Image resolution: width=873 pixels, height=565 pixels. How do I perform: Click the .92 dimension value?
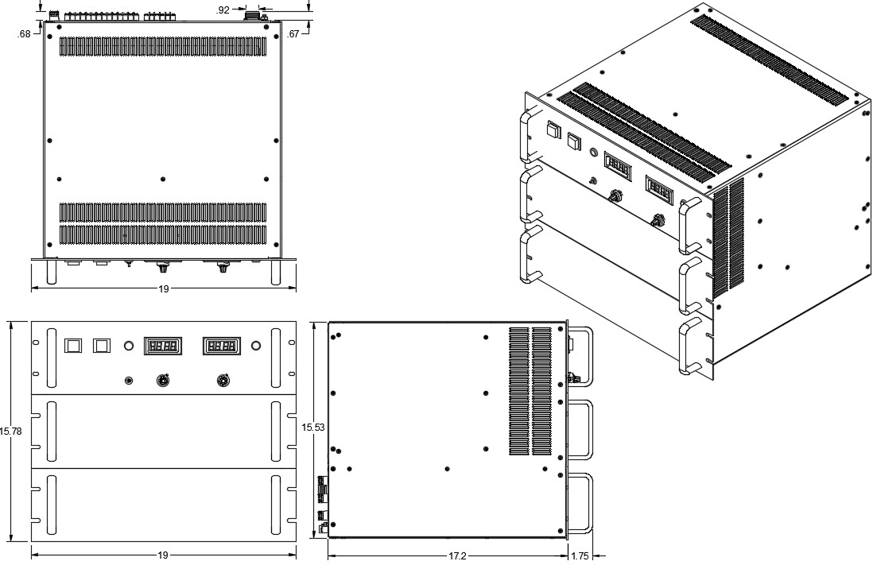[x=223, y=10]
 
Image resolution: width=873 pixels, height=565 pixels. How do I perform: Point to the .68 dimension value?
[x=24, y=33]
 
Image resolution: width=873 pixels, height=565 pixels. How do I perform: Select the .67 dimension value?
[x=294, y=33]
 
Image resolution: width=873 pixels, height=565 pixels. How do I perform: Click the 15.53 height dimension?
[x=312, y=428]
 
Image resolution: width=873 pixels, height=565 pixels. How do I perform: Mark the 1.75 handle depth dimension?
[x=580, y=555]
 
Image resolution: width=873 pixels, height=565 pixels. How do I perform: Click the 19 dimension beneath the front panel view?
[x=163, y=555]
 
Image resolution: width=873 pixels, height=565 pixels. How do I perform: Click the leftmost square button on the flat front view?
[x=72, y=346]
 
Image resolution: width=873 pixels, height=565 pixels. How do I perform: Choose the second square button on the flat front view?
[x=102, y=346]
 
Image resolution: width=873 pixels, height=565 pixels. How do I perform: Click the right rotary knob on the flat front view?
[x=222, y=381]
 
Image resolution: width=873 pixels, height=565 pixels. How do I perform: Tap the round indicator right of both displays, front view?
[x=256, y=346]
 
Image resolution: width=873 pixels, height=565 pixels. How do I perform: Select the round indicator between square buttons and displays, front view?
[x=128, y=346]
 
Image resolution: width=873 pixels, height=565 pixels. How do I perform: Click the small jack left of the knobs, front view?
[x=130, y=381]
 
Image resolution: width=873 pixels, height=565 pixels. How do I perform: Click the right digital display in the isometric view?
[x=661, y=190]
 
